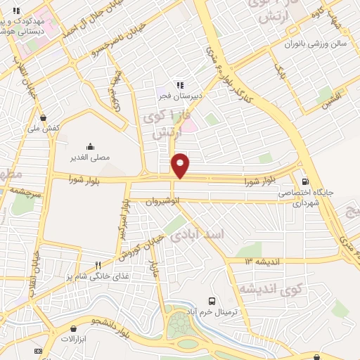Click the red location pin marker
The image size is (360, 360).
click(181, 166)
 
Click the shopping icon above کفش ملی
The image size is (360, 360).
click(44, 117)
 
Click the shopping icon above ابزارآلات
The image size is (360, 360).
click(74, 328)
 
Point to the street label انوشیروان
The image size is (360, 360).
click(164, 201)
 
